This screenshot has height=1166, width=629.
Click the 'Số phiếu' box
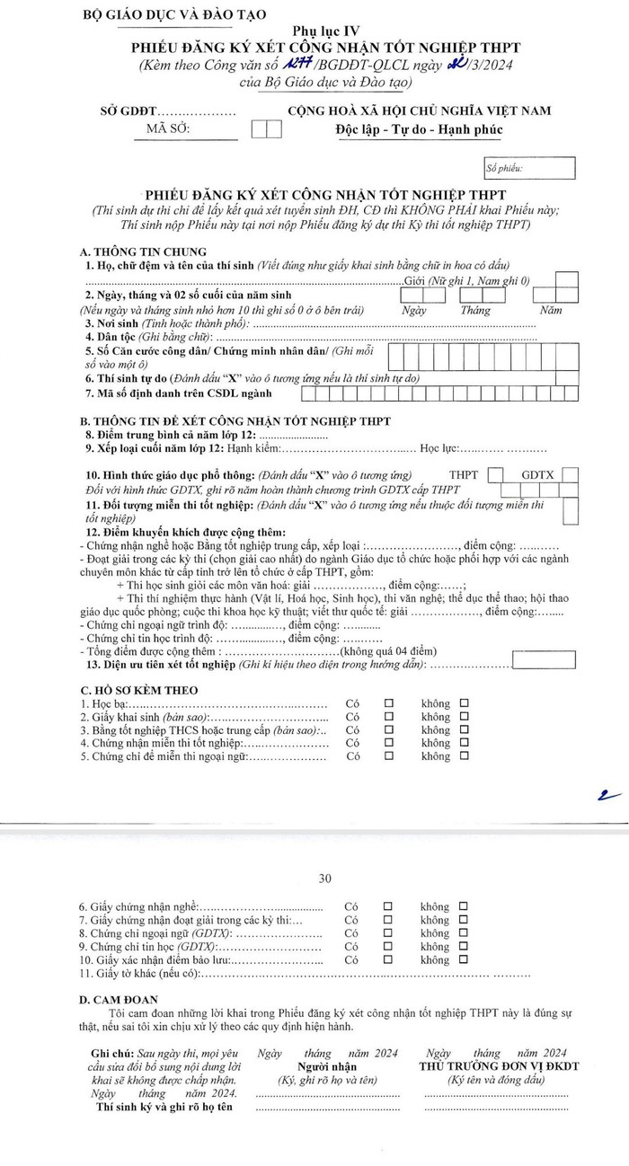[x=528, y=168]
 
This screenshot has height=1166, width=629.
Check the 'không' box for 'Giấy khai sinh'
[x=464, y=717]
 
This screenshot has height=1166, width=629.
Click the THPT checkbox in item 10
[x=495, y=475]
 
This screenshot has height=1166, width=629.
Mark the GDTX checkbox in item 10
[x=570, y=475]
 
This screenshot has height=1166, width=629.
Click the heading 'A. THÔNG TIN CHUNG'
[x=143, y=252]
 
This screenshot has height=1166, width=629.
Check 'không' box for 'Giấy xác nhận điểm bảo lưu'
[x=464, y=960]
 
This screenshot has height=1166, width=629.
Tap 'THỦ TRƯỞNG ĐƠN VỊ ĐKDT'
[x=499, y=1066]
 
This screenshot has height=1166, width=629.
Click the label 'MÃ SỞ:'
[x=168, y=129]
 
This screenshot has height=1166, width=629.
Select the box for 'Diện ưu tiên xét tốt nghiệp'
[x=545, y=660]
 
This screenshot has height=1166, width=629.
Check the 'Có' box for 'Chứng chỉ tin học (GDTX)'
[x=388, y=948]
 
